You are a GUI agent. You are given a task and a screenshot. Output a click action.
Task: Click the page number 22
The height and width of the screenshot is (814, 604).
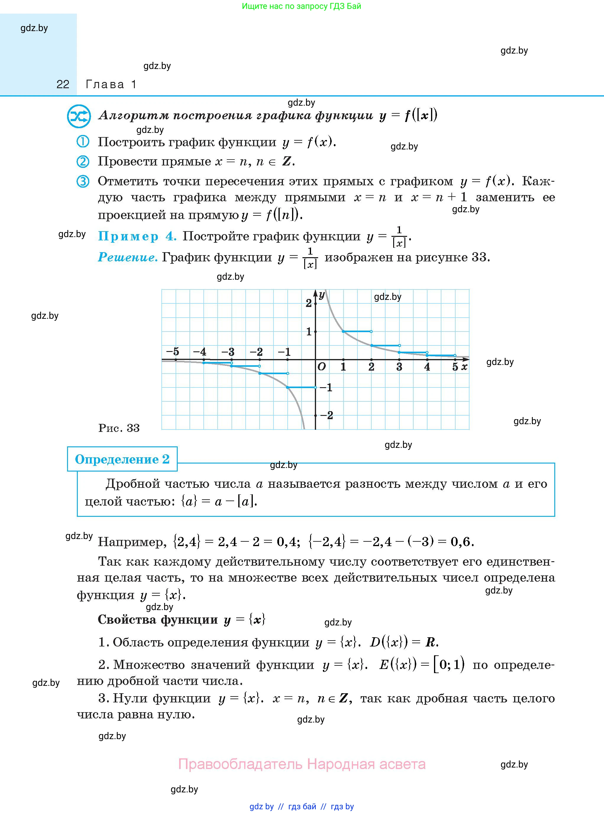point(63,85)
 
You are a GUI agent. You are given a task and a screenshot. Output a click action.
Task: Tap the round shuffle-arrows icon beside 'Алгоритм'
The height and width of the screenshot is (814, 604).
point(79,116)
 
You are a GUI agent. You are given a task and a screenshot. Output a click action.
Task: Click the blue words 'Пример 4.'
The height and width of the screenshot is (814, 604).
point(137,237)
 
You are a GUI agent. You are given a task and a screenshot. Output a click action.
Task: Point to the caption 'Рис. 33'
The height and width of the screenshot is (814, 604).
point(119,428)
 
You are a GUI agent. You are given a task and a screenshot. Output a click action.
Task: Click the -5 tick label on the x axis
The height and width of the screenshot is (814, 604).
point(173,352)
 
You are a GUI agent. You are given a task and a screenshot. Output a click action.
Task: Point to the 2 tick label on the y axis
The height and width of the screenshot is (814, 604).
point(309,303)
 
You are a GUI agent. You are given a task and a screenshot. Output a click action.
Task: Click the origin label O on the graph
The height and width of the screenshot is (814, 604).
point(321,367)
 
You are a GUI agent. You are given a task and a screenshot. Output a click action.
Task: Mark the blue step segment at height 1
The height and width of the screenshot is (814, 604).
point(357,332)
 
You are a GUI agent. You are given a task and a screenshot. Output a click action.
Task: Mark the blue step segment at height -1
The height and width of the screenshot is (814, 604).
point(301,387)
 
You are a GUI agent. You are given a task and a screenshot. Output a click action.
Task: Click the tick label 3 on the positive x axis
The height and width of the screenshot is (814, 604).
point(399,367)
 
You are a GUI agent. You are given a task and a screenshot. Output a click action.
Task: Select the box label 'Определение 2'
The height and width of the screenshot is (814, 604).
point(122,459)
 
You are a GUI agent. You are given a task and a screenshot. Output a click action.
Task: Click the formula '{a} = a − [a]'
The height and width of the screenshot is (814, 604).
point(219,501)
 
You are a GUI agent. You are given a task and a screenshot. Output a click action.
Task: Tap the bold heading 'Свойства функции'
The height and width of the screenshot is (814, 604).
point(158,619)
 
